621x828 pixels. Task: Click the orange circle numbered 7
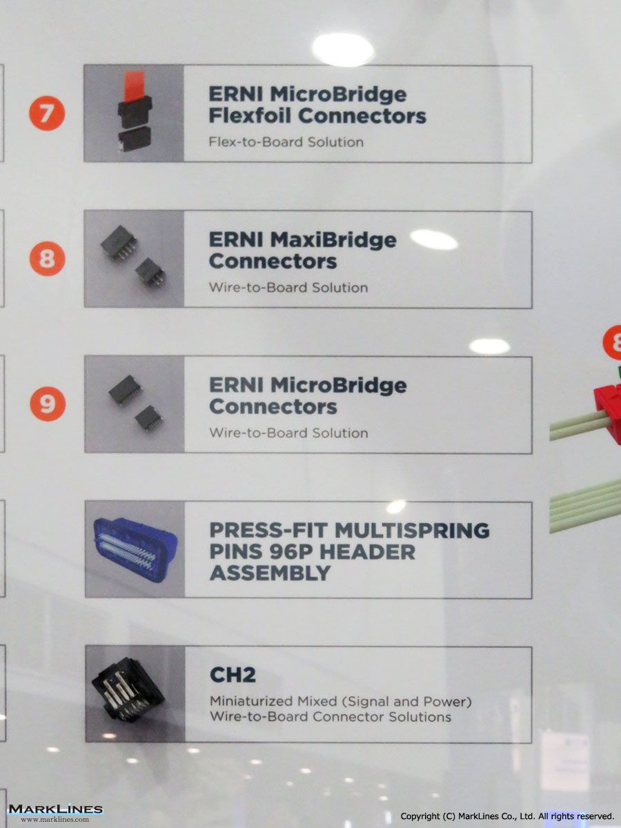[47, 112]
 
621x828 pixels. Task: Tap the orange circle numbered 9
[48, 404]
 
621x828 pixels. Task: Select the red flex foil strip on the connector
[134, 86]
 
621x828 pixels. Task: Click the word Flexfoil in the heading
[250, 115]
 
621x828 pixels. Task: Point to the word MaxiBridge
[333, 241]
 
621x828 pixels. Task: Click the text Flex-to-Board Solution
[286, 142]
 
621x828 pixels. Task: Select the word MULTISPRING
[412, 531]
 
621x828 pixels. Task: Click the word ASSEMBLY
[270, 573]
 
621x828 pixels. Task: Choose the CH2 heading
[233, 675]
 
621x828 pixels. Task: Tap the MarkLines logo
[55, 809]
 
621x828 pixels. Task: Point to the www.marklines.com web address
[55, 819]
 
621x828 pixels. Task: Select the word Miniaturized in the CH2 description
[252, 701]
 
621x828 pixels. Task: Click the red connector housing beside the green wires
[608, 413]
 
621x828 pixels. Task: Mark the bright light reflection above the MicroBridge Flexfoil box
[343, 50]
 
